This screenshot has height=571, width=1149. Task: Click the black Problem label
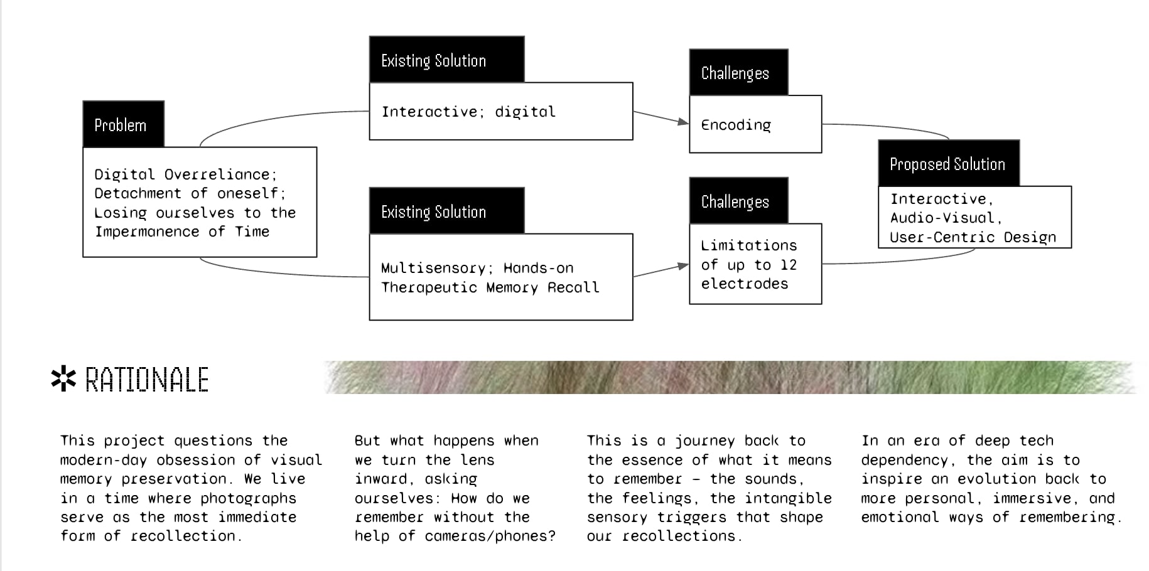[x=123, y=125]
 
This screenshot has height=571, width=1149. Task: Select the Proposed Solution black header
[x=948, y=164]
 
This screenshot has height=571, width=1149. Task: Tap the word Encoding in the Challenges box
[x=736, y=125]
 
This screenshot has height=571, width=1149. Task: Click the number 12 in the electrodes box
[x=789, y=265]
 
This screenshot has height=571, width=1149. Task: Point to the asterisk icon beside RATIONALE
[x=63, y=379]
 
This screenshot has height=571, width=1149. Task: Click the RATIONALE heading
[x=147, y=380]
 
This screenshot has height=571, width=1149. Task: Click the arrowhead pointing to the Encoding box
[x=683, y=121]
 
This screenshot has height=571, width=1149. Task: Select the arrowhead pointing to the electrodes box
[x=683, y=266]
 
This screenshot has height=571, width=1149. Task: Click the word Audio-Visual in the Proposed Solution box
[x=946, y=218]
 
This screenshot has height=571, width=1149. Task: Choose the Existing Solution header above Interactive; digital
[x=446, y=60]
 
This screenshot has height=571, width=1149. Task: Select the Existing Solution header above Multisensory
[x=446, y=211]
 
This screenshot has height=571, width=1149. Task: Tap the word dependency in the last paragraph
[x=908, y=460]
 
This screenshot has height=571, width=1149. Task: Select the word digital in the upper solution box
[x=525, y=112]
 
